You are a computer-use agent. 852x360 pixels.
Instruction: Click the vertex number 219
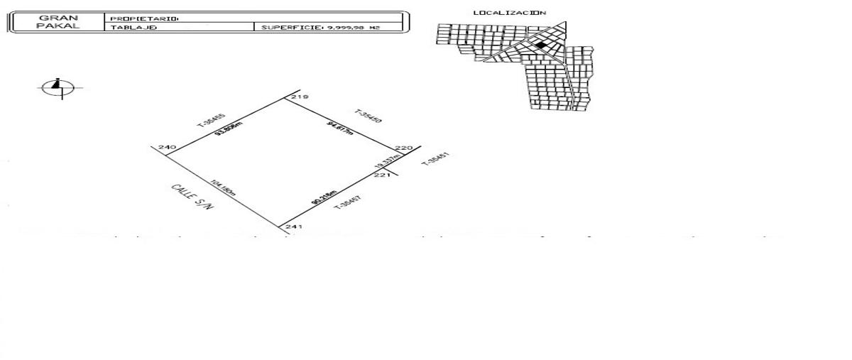pos(300,97)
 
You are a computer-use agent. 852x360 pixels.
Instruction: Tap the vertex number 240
pos(168,148)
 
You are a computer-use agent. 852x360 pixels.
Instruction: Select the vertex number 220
pos(403,148)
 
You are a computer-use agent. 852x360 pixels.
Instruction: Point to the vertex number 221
pos(382,175)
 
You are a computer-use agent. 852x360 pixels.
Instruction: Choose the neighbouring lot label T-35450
pos(368,117)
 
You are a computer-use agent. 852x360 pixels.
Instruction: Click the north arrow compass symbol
pos(58,88)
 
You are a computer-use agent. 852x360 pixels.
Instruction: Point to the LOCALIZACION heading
pos(510,13)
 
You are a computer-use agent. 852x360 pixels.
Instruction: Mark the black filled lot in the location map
pos(541,45)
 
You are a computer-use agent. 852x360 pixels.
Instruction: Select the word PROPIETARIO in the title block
pos(134,18)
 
